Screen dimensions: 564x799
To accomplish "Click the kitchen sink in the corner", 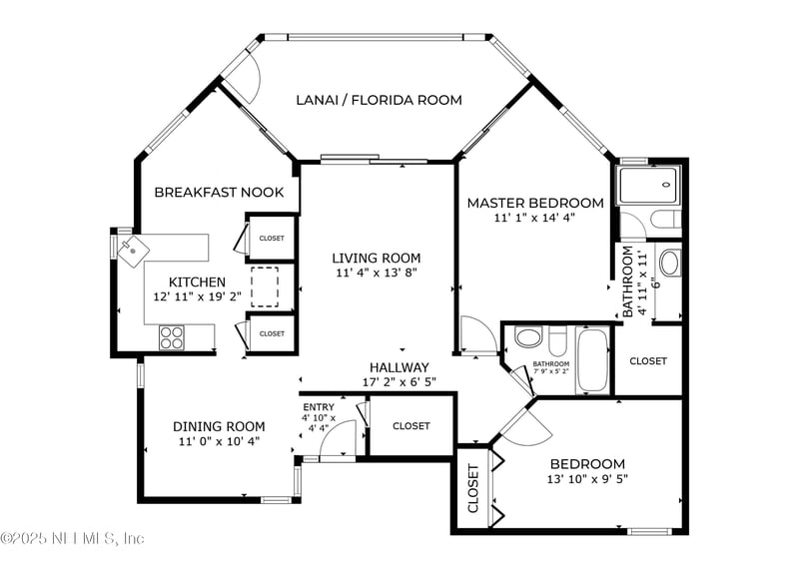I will [131, 249].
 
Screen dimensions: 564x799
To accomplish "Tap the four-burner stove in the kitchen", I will [172, 337].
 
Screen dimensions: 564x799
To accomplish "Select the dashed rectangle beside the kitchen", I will [265, 286].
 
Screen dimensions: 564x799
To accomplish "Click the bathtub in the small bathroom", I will [591, 359].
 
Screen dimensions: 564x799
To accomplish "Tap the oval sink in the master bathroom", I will [669, 263].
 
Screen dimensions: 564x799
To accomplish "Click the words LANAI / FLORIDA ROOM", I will [379, 100].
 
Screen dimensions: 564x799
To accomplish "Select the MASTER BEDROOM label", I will [535, 203].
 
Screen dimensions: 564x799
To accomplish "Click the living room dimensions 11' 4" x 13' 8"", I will [376, 273].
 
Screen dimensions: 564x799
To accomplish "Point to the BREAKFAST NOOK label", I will [219, 192].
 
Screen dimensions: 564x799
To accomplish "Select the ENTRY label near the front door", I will [319, 406].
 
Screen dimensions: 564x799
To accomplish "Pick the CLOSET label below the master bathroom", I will [648, 360].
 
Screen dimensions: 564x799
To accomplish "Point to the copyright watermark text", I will [73, 539].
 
